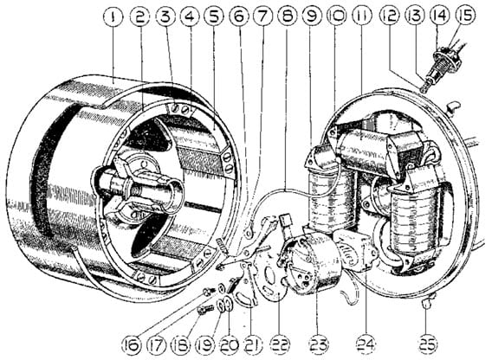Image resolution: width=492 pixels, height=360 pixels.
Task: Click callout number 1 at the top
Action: coord(113,16)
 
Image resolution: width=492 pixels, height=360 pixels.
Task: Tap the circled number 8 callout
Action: coord(287,16)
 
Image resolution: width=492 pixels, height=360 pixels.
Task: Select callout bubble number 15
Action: coord(466,15)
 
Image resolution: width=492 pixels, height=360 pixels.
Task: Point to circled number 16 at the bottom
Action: coord(133,345)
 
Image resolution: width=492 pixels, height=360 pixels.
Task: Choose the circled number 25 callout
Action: coord(427,344)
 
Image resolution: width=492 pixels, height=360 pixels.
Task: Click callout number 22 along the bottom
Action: coord(281,345)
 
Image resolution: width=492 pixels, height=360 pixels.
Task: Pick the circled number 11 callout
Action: coord(361,16)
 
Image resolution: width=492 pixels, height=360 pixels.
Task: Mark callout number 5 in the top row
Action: coord(214,16)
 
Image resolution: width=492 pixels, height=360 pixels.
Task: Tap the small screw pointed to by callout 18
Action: coord(205,310)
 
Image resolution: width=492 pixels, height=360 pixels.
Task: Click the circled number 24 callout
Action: coord(366,345)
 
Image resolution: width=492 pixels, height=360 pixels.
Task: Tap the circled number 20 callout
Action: coord(230,345)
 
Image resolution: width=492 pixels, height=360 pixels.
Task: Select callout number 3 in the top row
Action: coord(166,16)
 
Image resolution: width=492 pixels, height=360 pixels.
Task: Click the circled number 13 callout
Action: coord(415,16)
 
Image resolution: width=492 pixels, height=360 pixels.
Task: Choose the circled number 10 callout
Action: coord(336,16)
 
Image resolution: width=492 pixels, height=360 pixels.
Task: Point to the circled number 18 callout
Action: coord(180,345)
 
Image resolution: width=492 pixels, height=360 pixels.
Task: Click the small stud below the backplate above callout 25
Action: coord(429,301)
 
